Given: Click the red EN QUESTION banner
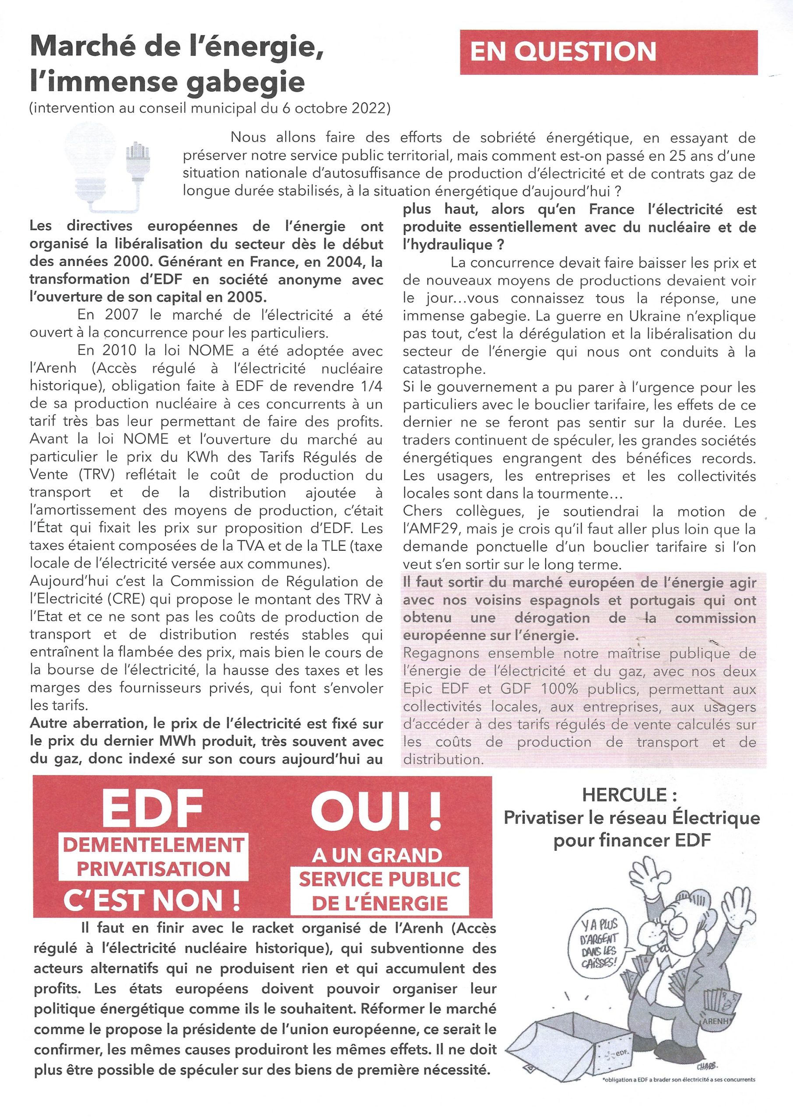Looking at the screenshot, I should (x=609, y=52).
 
